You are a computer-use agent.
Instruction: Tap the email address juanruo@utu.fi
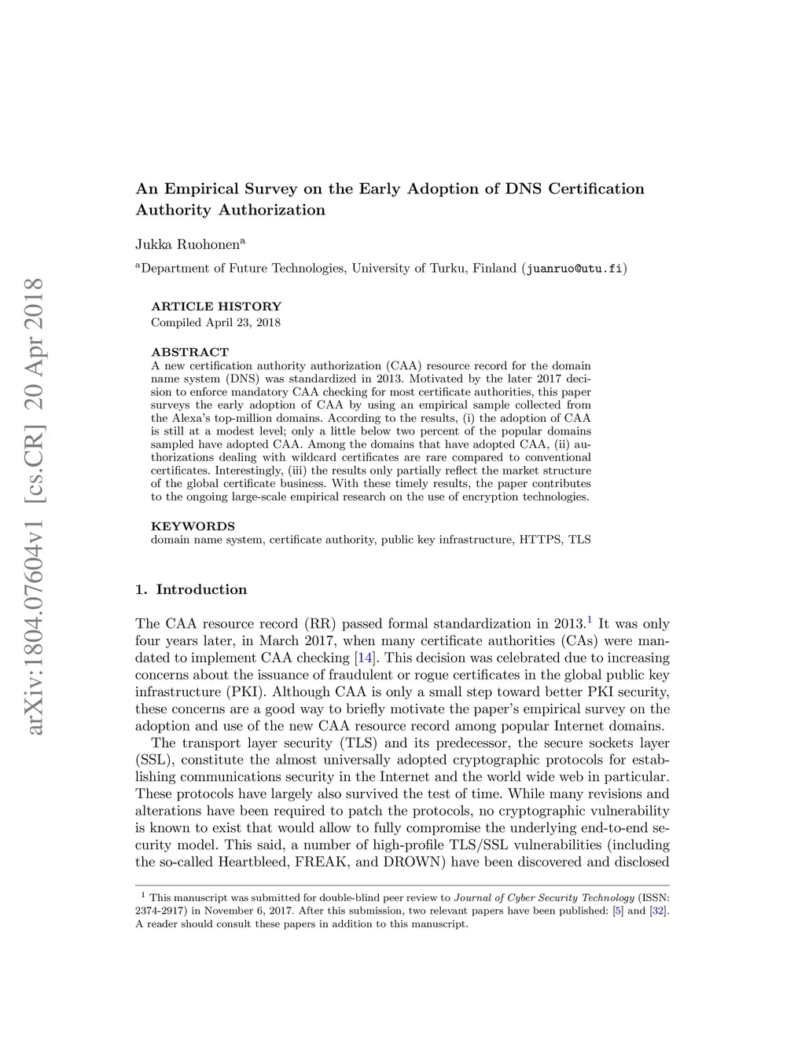(x=575, y=269)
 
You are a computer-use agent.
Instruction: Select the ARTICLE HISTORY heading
(x=215, y=306)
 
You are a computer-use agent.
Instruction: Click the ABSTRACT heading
(x=189, y=352)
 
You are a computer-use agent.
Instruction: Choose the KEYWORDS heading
(x=193, y=526)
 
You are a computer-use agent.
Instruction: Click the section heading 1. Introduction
(x=191, y=589)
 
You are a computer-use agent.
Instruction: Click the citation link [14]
(x=364, y=658)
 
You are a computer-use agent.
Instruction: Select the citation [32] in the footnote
(x=658, y=911)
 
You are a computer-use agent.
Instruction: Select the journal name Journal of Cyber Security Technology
(x=544, y=898)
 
